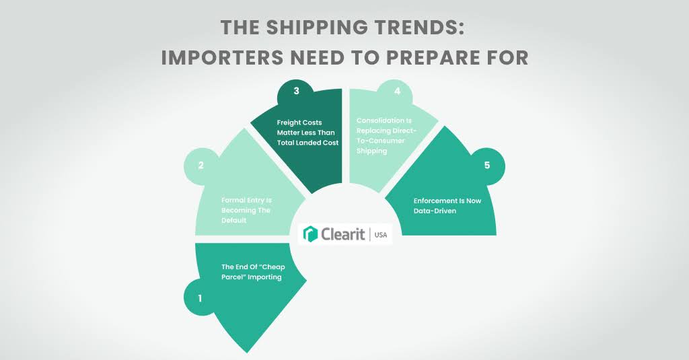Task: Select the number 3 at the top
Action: [x=296, y=92]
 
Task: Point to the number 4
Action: [x=397, y=92]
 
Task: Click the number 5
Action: [x=487, y=165]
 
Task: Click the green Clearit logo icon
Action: [x=311, y=234]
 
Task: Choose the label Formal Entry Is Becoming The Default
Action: [x=246, y=210]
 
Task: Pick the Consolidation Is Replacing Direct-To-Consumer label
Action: [x=382, y=135]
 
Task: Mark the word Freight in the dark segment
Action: [x=291, y=122]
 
